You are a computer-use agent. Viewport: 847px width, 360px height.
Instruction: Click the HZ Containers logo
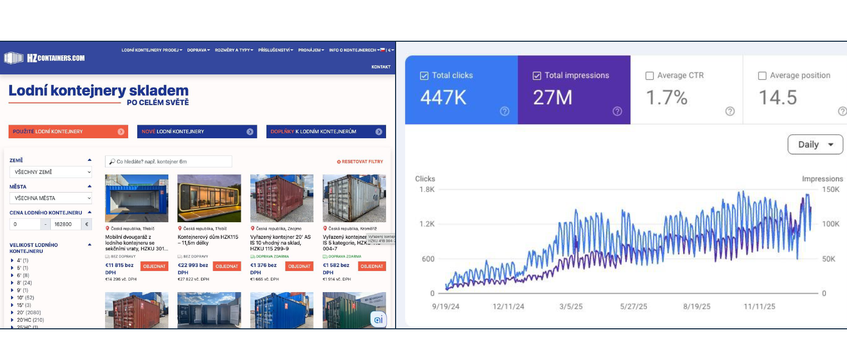44,58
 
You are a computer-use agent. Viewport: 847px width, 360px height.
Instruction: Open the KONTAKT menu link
381,67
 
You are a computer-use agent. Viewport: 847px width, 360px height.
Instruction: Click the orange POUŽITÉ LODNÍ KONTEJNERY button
68,132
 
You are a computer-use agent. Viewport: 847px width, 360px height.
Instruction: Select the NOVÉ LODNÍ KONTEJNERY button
197,132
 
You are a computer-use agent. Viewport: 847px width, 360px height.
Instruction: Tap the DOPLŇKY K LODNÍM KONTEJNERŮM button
326,132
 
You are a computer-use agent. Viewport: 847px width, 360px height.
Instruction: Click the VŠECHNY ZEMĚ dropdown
51,172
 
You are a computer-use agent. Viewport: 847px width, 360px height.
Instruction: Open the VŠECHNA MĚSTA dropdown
51,198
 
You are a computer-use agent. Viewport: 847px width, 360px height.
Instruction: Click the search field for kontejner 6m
168,161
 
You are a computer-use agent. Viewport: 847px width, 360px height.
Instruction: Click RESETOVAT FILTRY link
360,162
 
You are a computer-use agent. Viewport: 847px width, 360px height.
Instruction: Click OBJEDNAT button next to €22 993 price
227,266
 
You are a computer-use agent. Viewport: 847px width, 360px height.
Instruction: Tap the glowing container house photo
209,198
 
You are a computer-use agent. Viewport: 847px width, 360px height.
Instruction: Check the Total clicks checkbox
424,75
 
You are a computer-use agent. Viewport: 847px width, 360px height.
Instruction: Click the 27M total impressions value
552,98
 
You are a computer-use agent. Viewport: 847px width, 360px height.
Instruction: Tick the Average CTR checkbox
649,75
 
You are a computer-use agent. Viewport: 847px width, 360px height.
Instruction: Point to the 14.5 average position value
778,98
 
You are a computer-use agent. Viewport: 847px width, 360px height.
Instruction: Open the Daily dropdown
815,145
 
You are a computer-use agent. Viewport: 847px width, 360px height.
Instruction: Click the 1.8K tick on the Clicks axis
427,190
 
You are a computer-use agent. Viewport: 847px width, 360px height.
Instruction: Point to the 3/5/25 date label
571,306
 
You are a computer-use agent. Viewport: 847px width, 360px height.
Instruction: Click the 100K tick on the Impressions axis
830,224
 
